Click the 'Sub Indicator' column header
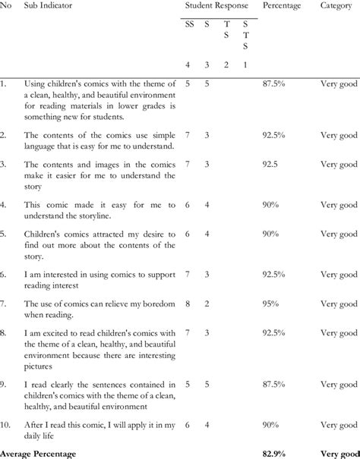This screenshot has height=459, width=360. point(48,6)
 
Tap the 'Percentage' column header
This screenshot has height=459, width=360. point(282,6)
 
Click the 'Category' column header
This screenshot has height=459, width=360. point(335,6)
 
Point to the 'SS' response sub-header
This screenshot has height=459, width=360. point(189,24)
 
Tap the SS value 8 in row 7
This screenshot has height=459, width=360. point(188,303)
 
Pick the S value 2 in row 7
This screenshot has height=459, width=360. point(207,303)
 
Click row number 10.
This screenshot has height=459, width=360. point(7,426)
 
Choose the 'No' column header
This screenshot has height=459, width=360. point(5,6)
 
